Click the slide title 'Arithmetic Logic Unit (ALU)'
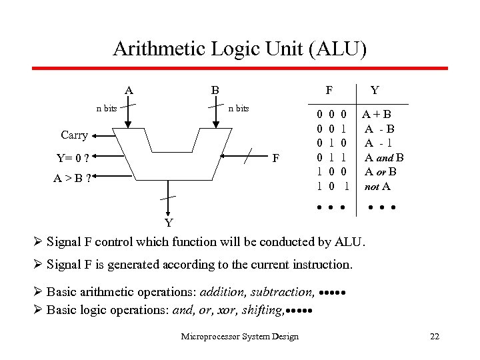click(239, 49)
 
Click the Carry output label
click(74, 135)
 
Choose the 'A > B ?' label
click(73, 178)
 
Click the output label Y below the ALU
click(169, 221)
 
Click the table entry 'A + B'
click(377, 115)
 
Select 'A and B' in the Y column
click(384, 158)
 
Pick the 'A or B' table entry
click(381, 172)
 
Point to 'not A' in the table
click(377, 187)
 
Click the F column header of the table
click(329, 89)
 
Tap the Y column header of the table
click(375, 89)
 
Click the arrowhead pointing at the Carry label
click(95, 135)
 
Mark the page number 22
click(435, 337)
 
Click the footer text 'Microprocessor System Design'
click(239, 337)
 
